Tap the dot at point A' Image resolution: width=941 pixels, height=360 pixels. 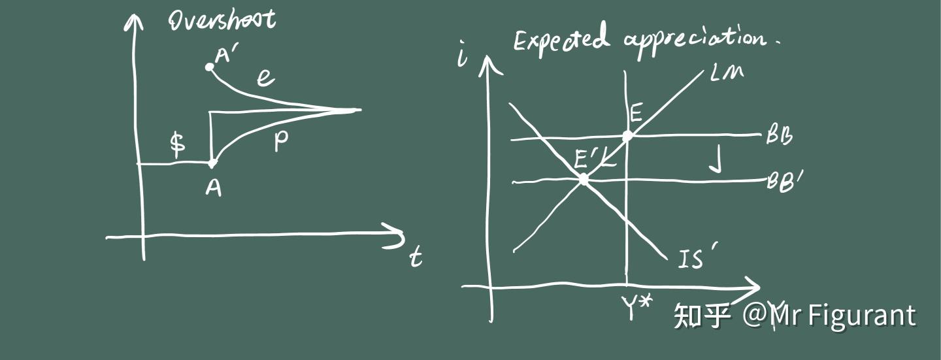point(209,67)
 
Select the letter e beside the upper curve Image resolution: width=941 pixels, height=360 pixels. point(265,78)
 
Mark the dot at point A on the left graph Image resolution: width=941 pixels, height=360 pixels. point(211,162)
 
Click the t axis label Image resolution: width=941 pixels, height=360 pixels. point(416,257)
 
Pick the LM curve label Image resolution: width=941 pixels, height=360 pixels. point(727,74)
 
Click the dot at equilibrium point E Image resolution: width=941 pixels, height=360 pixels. point(627,137)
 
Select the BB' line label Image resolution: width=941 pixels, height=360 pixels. point(784,180)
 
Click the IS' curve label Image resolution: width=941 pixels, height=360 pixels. point(693,260)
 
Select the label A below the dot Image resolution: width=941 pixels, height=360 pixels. point(213,188)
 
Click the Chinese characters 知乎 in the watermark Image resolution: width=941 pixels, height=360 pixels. point(702,316)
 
